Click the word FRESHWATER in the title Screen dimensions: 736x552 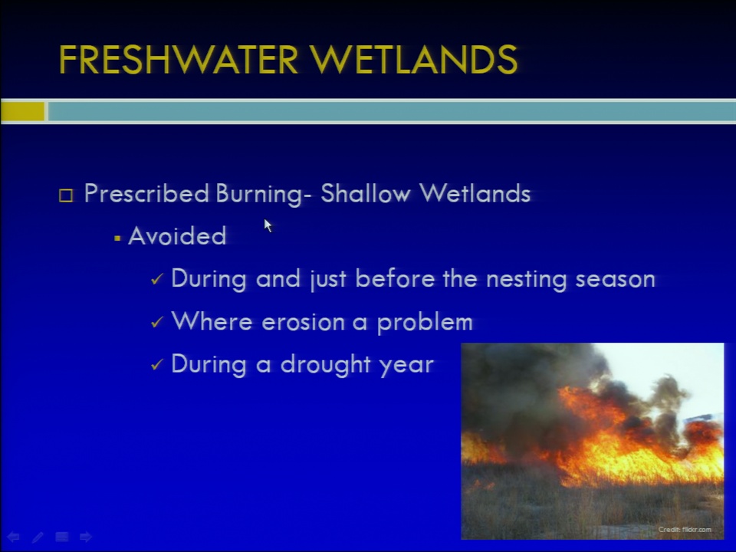179,60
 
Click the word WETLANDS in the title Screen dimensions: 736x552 413,60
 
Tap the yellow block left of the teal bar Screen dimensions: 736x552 22,112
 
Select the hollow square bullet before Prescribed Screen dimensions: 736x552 66,195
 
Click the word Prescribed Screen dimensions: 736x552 146,193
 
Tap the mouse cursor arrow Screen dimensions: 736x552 268,225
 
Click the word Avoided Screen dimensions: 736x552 177,235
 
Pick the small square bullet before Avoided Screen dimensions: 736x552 117,239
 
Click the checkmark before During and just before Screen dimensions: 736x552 156,279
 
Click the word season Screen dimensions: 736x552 616,280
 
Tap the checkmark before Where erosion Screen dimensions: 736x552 156,322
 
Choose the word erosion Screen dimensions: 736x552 304,323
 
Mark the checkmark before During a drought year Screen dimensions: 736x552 156,364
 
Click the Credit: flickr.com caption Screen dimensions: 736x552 685,530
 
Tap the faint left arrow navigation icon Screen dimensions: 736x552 13,537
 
